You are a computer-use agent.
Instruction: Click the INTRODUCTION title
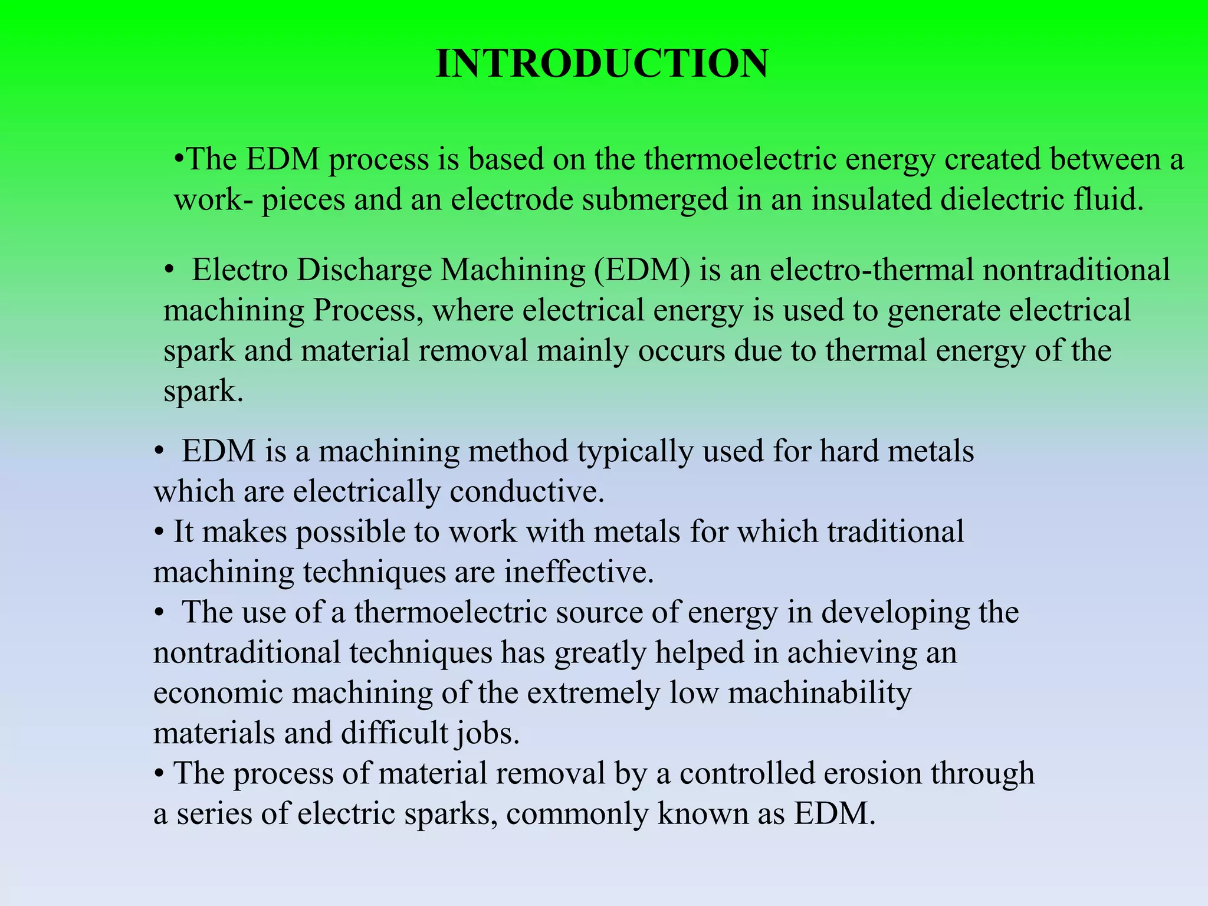point(602,64)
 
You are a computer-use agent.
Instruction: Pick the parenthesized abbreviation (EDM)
point(642,271)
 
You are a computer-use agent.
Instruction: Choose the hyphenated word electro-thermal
point(872,271)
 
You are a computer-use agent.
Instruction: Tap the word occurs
point(681,351)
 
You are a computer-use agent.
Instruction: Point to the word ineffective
point(579,572)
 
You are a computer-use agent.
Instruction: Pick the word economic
point(218,693)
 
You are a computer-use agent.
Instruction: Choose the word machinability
point(820,693)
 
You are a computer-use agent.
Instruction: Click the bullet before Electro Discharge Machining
point(169,271)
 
